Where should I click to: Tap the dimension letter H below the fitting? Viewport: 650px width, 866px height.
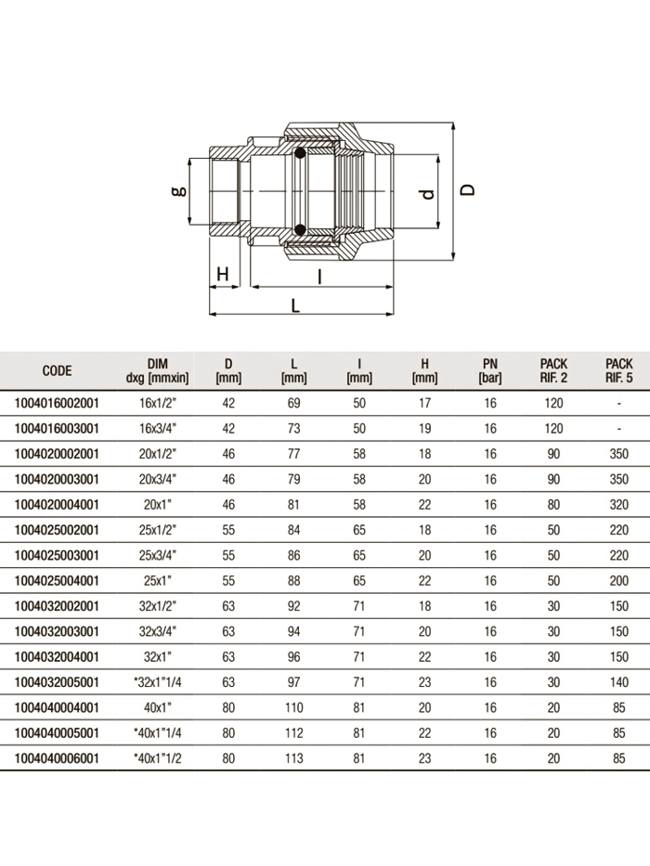(x=222, y=274)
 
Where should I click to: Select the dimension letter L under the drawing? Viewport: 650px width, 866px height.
(x=295, y=304)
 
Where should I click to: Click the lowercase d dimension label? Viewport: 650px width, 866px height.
(x=427, y=194)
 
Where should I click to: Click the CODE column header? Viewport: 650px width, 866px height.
(x=57, y=370)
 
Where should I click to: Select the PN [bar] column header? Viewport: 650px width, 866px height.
(x=490, y=370)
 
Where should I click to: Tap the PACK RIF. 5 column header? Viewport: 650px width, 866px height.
(x=618, y=370)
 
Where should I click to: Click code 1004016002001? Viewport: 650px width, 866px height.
(x=57, y=404)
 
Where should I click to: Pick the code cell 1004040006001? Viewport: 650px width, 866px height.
(x=57, y=758)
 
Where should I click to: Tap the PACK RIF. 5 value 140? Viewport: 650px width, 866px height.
(x=618, y=682)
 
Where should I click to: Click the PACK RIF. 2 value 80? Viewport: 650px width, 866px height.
(x=553, y=505)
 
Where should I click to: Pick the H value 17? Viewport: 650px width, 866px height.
(x=424, y=404)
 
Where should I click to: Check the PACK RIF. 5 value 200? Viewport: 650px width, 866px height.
(x=618, y=581)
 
